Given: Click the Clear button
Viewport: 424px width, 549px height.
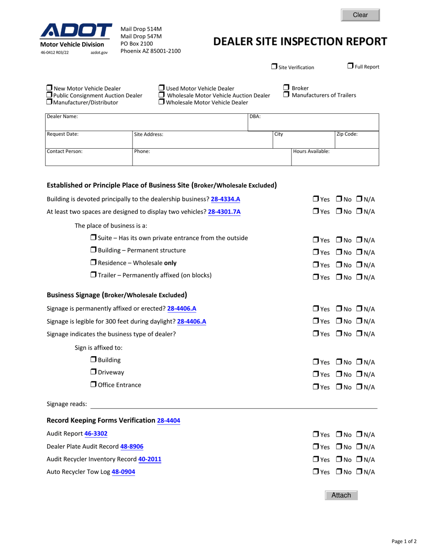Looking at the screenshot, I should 360,15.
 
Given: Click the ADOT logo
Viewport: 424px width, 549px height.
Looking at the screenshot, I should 76,31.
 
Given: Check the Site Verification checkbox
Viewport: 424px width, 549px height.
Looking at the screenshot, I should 274,67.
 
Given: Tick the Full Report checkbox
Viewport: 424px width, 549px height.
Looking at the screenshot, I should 350,66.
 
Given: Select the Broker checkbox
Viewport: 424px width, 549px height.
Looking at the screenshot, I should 287,88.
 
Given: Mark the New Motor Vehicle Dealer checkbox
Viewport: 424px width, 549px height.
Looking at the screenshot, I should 50,88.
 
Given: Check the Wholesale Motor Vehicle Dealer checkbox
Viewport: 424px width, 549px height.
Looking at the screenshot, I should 162,102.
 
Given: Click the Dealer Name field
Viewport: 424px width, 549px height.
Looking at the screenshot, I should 146,123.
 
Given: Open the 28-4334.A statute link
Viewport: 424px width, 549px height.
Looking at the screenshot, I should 225,199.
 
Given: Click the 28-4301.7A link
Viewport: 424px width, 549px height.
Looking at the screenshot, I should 224,212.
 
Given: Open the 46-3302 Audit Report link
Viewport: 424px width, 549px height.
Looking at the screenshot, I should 96,433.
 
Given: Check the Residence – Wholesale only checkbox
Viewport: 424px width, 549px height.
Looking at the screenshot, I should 93,262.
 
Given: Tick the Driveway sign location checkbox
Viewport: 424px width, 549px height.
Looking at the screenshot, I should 93,372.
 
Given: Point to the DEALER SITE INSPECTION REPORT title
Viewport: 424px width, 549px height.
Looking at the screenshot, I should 300,42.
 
